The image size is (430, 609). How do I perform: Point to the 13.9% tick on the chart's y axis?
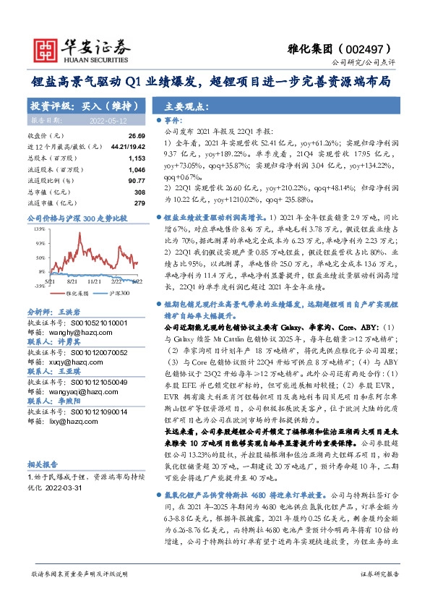click(x=39, y=229)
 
